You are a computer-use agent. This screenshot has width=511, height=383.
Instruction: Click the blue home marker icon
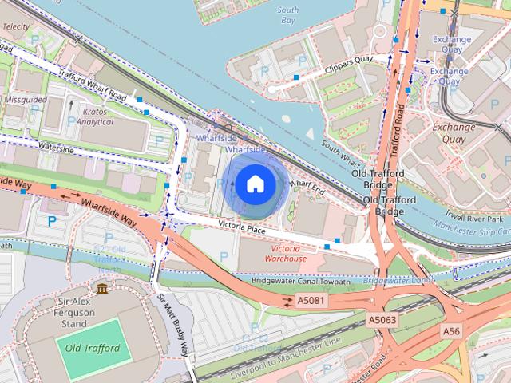tap(255, 184)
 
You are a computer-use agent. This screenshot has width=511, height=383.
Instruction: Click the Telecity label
tap(16, 26)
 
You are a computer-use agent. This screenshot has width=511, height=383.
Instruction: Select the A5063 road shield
tap(382, 319)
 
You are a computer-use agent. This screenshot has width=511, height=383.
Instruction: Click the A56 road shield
tap(452, 330)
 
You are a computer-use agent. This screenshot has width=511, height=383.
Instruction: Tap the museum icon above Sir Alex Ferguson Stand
tap(101, 287)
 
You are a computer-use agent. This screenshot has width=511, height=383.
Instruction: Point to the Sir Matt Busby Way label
tap(174, 326)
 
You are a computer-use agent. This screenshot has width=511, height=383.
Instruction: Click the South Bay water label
tap(287, 15)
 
